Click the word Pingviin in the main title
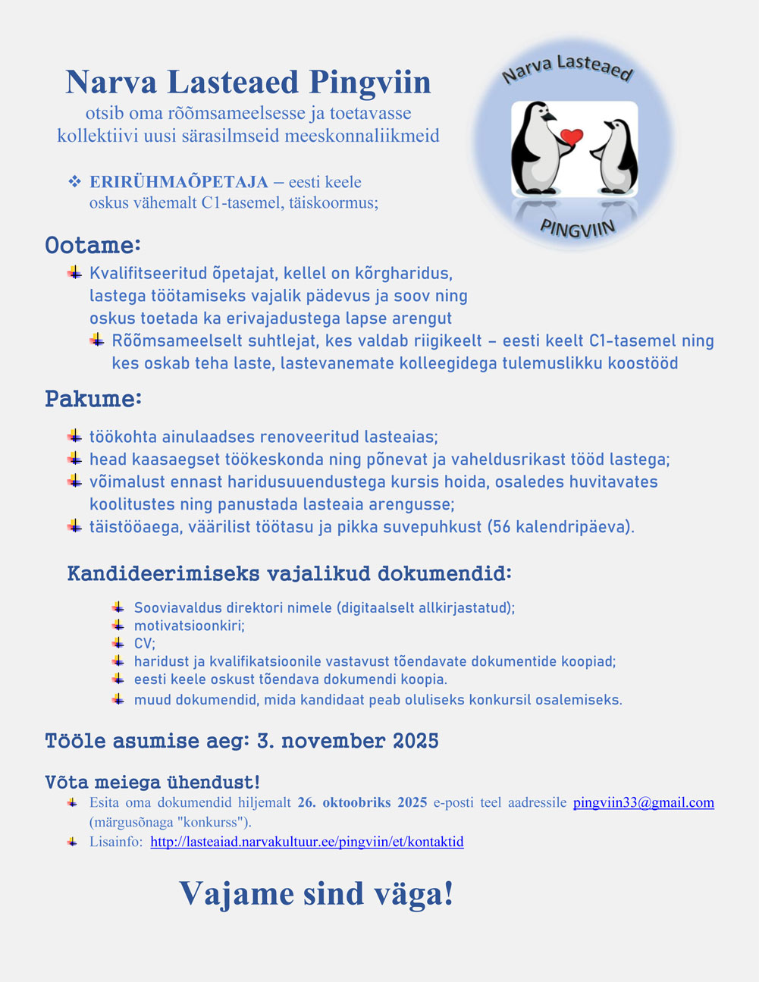(370, 83)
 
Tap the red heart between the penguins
(571, 137)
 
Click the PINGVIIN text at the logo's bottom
(577, 226)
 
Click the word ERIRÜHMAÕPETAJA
(179, 182)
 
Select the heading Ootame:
(93, 246)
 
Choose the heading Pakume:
(93, 399)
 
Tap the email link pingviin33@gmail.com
(643, 802)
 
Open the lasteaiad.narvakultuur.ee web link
(307, 842)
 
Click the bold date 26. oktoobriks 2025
(362, 802)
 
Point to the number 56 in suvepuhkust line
(501, 526)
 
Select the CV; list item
(144, 643)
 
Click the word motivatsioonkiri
(189, 626)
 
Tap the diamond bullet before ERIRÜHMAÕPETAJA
(74, 182)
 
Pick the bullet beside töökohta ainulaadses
(74, 436)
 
